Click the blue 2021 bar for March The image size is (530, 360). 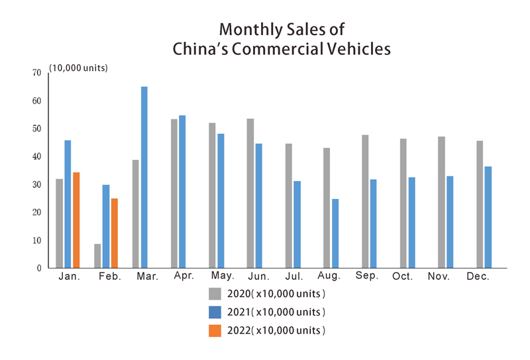tap(144, 177)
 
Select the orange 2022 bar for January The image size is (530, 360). tap(76, 220)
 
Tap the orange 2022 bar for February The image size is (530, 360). tap(115, 233)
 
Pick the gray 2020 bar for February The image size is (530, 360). tap(97, 256)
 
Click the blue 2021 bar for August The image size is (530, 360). tap(335, 233)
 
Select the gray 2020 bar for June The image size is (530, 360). tap(250, 193)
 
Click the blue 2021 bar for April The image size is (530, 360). tap(182, 192)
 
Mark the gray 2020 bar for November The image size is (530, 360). tap(441, 202)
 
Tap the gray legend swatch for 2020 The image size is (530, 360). tap(215, 294)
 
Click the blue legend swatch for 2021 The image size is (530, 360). tap(215, 312)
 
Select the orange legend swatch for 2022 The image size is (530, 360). tap(215, 330)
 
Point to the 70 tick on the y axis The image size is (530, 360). tap(36, 73)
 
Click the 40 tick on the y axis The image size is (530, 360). tap(36, 156)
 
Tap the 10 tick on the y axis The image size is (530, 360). tap(36, 240)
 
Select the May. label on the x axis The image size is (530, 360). tap(222, 276)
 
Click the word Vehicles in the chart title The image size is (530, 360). tap(352, 48)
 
